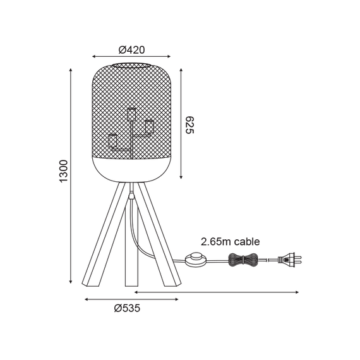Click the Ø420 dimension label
[x=132, y=50]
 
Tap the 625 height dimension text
[x=189, y=125]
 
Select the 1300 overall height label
[x=64, y=171]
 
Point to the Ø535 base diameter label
[x=127, y=308]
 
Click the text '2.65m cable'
[x=231, y=242]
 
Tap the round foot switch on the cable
[x=196, y=260]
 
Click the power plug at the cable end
[x=290, y=260]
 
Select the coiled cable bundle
[x=242, y=260]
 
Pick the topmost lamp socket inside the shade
[x=131, y=114]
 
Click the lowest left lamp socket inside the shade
[x=112, y=141]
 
